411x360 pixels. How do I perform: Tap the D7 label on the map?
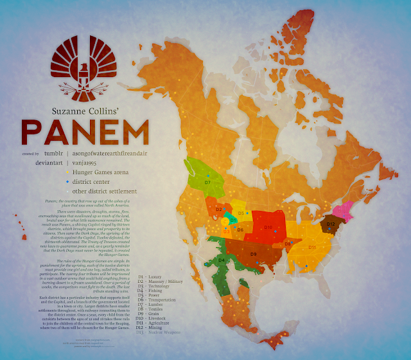207,183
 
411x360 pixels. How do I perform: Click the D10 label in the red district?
268,228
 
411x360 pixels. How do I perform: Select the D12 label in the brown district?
331,224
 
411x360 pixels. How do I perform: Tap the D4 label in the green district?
222,260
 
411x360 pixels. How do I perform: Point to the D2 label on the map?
219,210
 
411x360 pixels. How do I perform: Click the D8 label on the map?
288,244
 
